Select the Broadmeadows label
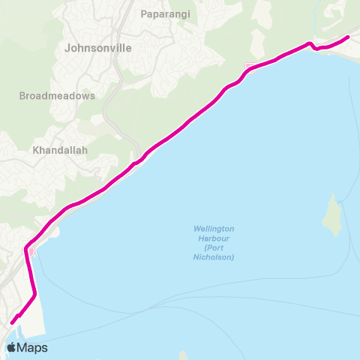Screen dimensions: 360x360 click(x=57, y=96)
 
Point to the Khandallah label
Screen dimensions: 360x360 click(x=61, y=150)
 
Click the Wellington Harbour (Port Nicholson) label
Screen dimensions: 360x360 click(x=214, y=242)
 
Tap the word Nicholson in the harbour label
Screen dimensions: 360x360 click(x=214, y=257)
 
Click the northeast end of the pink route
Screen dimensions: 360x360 click(x=348, y=37)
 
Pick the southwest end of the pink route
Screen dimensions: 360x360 click(x=13, y=323)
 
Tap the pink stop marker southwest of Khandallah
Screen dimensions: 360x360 click(x=31, y=250)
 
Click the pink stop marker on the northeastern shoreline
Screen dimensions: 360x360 click(x=249, y=67)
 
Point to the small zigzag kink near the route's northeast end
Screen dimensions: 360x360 click(x=312, y=47)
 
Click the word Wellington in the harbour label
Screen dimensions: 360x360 click(x=214, y=228)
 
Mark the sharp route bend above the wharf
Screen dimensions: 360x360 click(x=34, y=295)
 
